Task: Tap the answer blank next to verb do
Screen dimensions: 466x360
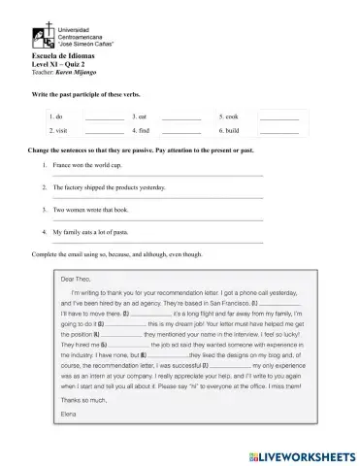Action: (104, 117)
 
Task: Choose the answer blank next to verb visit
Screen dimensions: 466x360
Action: (104, 131)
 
